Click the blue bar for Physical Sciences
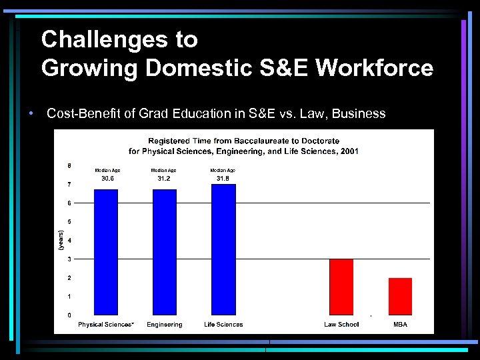click(106, 252)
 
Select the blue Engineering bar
click(165, 252)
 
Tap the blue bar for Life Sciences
click(223, 249)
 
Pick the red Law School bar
click(341, 287)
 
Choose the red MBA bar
click(400, 297)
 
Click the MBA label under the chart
click(400, 325)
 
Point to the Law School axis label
click(341, 325)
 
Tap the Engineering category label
click(165, 325)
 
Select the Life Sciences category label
click(223, 325)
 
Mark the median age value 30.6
click(107, 178)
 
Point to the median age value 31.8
click(223, 178)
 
